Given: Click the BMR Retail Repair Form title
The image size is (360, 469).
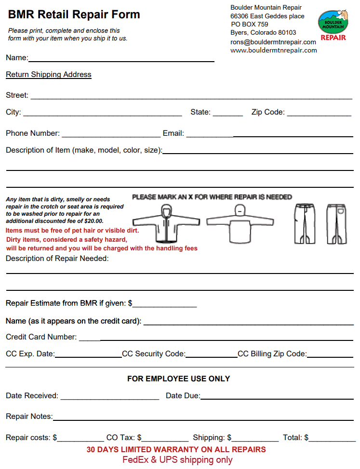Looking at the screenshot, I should [x=74, y=14].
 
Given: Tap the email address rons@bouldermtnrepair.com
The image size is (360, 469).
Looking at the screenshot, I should [x=273, y=42].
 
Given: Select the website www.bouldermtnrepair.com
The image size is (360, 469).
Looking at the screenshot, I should [x=273, y=50].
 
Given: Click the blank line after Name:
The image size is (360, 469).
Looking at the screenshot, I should [x=121, y=58].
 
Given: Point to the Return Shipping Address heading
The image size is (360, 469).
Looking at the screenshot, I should [x=49, y=75].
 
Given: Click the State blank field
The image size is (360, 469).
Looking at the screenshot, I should [x=227, y=113].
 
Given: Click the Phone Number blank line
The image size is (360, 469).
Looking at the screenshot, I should [x=111, y=134].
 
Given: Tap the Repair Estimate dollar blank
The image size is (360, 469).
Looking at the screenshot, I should [x=165, y=304].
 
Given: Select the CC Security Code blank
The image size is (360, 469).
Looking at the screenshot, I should [x=211, y=354].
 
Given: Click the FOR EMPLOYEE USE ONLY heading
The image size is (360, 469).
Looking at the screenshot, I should [x=178, y=379].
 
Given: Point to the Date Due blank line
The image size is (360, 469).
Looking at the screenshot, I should [x=277, y=396].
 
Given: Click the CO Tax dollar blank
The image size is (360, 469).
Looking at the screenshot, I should [x=165, y=438].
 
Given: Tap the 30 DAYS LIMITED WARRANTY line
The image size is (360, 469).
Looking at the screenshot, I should [x=176, y=450].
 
